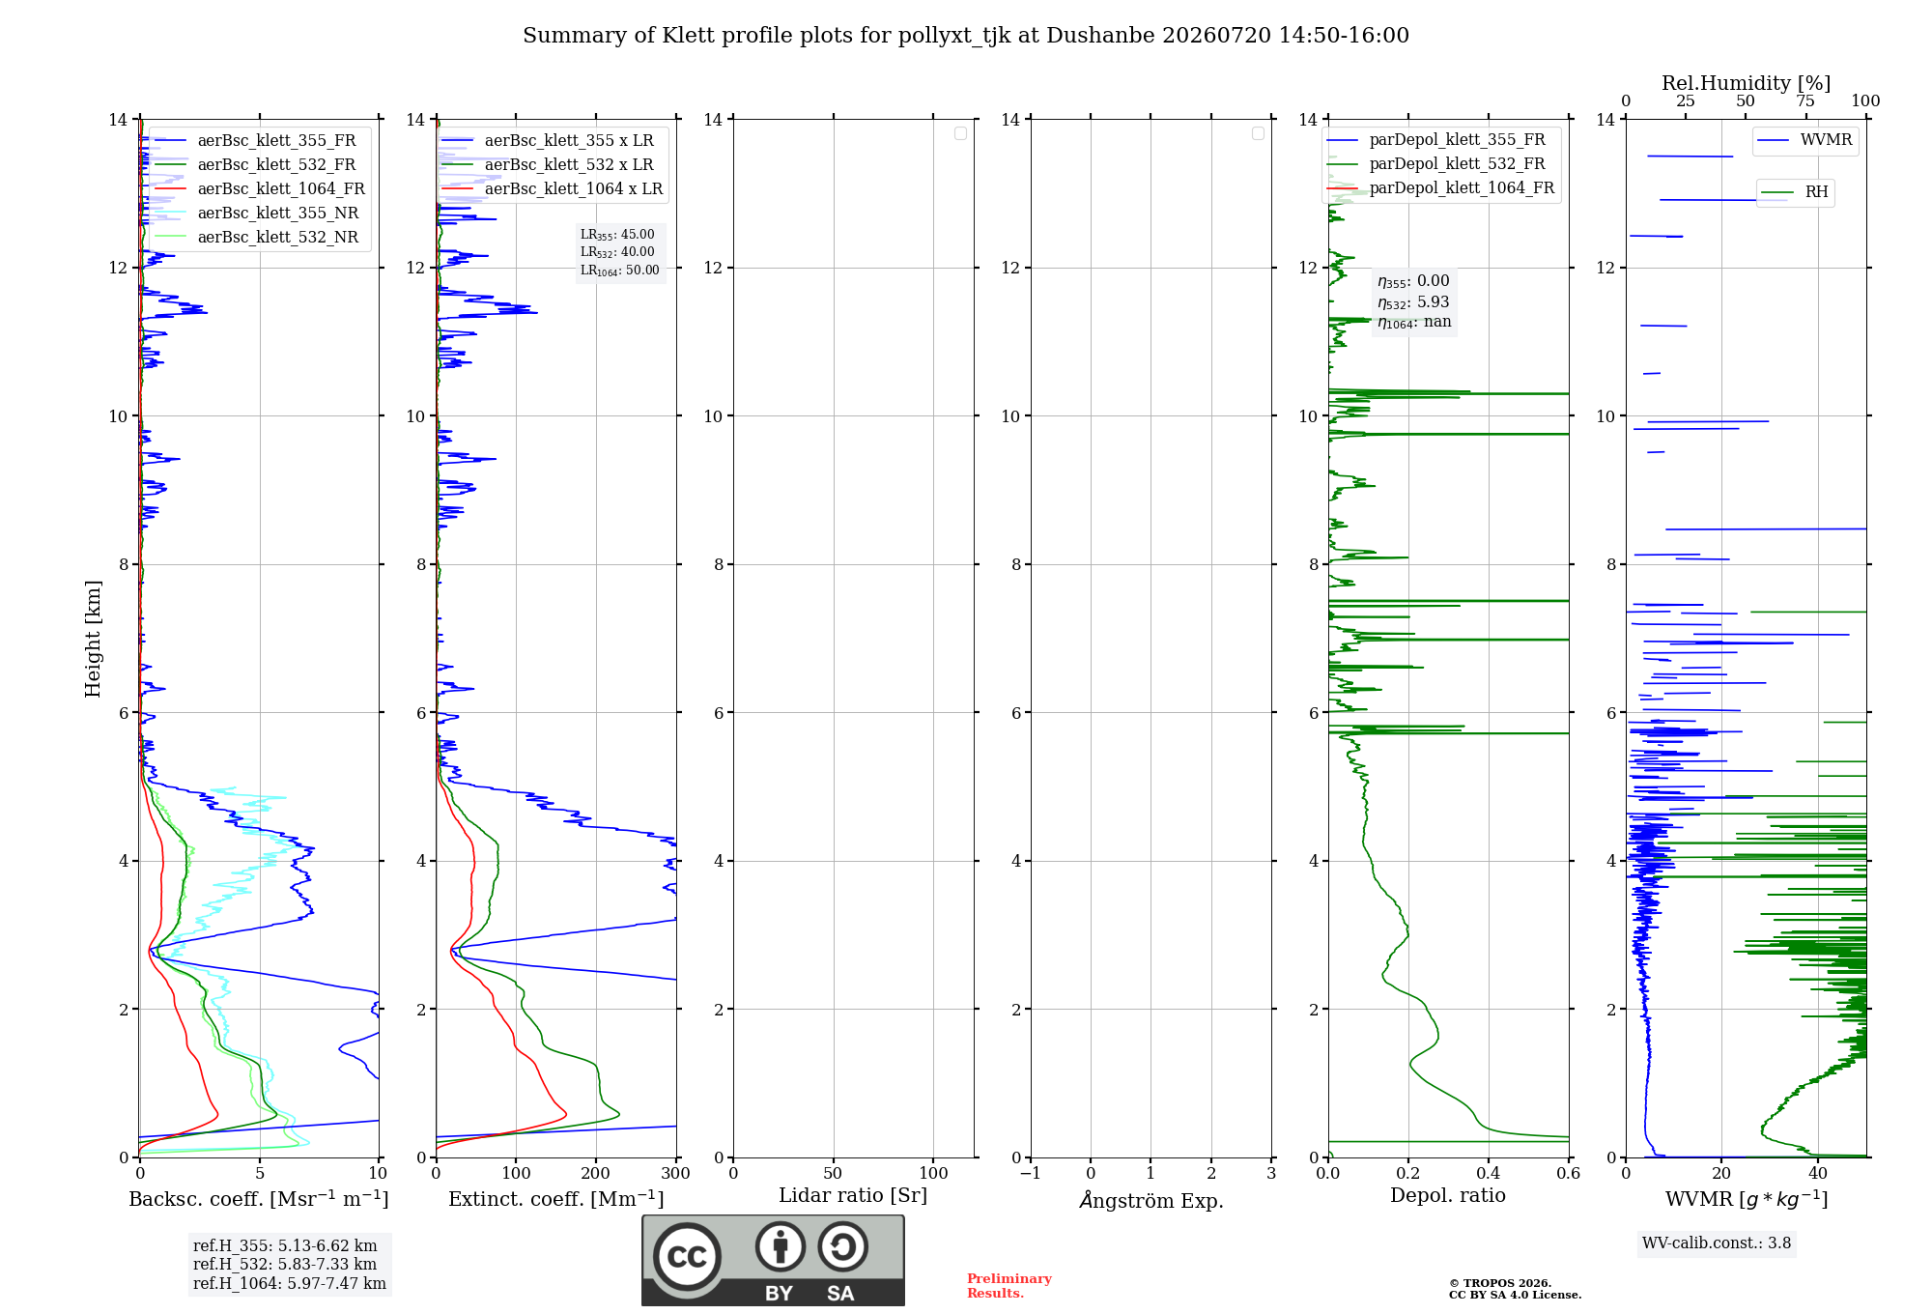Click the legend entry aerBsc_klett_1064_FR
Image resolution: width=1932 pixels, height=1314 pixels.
(259, 188)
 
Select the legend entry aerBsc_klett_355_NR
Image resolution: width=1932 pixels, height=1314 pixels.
(256, 213)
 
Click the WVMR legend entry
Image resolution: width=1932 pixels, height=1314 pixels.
(1804, 140)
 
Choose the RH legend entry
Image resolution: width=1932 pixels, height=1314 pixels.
(1794, 192)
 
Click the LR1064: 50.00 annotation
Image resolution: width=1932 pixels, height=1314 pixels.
(619, 271)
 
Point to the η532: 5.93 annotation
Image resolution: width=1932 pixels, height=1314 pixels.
(1413, 302)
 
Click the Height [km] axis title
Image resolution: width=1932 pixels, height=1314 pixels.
(93, 639)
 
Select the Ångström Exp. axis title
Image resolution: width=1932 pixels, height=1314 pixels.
(1151, 1200)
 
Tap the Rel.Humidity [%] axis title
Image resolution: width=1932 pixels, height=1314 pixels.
(1746, 83)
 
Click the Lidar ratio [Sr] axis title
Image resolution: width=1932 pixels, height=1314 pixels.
(853, 1196)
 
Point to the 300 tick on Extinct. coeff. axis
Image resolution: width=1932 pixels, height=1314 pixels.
(675, 1173)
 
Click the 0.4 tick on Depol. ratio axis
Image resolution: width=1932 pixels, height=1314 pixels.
(1488, 1173)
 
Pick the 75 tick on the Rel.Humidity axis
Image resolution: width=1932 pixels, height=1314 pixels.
(1804, 100)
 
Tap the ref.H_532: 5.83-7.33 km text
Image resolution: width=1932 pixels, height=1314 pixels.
(285, 1264)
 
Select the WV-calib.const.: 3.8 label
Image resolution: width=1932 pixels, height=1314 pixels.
(1717, 1243)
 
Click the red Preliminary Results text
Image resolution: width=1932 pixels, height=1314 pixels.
(1009, 1286)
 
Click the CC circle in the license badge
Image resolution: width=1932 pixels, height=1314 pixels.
(687, 1256)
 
